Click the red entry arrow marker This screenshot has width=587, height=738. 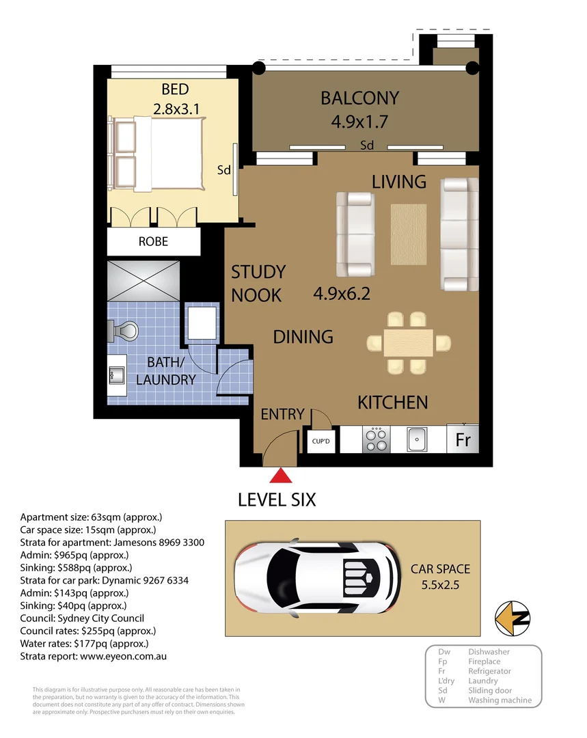[x=279, y=476]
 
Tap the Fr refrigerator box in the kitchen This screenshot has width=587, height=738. [x=463, y=439]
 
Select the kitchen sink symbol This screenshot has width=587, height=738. [x=418, y=439]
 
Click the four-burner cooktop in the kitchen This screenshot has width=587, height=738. [x=375, y=439]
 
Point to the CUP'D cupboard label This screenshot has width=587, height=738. [x=320, y=441]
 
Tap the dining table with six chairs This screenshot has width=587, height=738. [x=408, y=342]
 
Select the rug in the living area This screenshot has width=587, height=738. [x=408, y=234]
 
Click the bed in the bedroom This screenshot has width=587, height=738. [x=161, y=154]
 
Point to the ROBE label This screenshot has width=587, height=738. [x=153, y=242]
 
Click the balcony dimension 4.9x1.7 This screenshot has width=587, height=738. [x=359, y=122]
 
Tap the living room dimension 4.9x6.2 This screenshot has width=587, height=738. [x=342, y=294]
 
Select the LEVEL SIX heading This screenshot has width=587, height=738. [x=277, y=500]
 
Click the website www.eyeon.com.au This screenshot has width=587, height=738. [x=123, y=656]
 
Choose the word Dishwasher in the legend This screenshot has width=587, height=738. [x=489, y=652]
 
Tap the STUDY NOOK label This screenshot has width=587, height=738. [x=258, y=284]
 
